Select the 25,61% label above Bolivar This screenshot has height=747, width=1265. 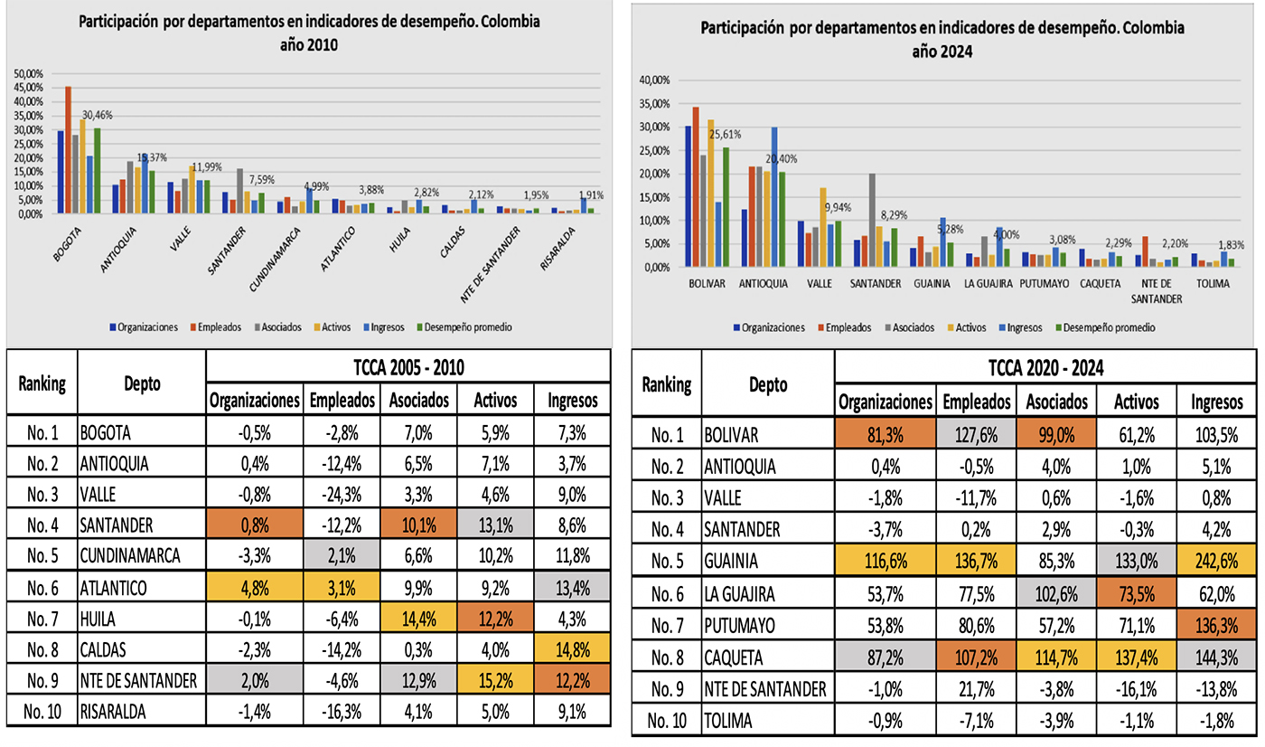[x=724, y=135]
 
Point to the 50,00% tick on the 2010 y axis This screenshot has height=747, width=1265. [x=28, y=73]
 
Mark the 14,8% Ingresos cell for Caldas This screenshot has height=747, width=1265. [x=574, y=648]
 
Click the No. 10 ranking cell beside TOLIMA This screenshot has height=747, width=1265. [x=668, y=722]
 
